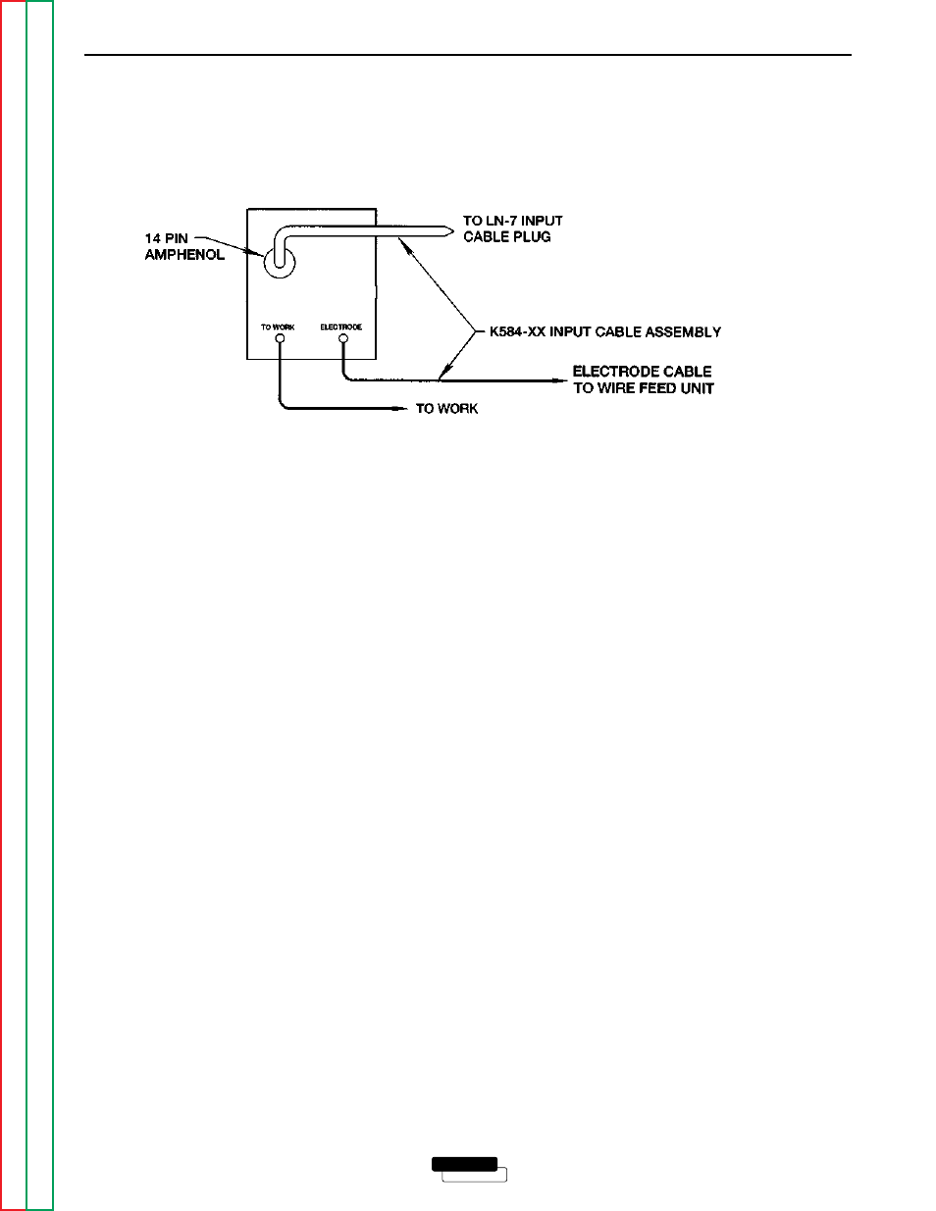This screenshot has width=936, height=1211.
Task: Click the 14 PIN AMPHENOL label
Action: (x=184, y=246)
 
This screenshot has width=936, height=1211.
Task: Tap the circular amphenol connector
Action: (x=280, y=274)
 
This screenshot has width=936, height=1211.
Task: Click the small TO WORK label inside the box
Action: (x=278, y=328)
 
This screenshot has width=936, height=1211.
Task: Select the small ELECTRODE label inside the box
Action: (x=341, y=328)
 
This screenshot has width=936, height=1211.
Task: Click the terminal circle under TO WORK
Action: (x=280, y=338)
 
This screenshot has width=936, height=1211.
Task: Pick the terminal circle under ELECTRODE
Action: (x=342, y=338)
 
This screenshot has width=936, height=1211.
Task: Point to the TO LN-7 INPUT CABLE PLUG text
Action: (x=513, y=228)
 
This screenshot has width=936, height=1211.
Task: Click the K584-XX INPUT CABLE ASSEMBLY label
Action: (x=605, y=332)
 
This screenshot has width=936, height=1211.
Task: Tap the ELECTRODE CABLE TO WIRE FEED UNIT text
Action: (x=644, y=380)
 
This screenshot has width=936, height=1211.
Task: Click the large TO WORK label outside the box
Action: (x=446, y=409)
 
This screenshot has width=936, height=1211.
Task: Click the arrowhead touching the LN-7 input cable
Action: (x=404, y=245)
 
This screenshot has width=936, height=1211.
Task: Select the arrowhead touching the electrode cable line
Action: (x=444, y=373)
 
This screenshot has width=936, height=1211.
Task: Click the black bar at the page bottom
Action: (x=464, y=1164)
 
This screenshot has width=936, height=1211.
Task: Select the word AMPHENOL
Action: (x=184, y=255)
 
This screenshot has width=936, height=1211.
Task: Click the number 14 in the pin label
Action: (x=152, y=238)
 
